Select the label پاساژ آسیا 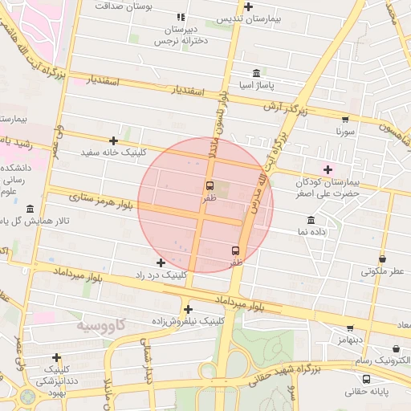258,83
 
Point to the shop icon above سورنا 345,119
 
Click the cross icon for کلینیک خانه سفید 114,140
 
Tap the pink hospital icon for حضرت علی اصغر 328,169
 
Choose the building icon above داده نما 311,220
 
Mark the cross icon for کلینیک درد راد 161,262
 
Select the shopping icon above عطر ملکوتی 381,259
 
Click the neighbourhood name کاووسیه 101,325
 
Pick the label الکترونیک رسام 381,357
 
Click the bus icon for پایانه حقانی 366,379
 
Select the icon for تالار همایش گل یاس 31,210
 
